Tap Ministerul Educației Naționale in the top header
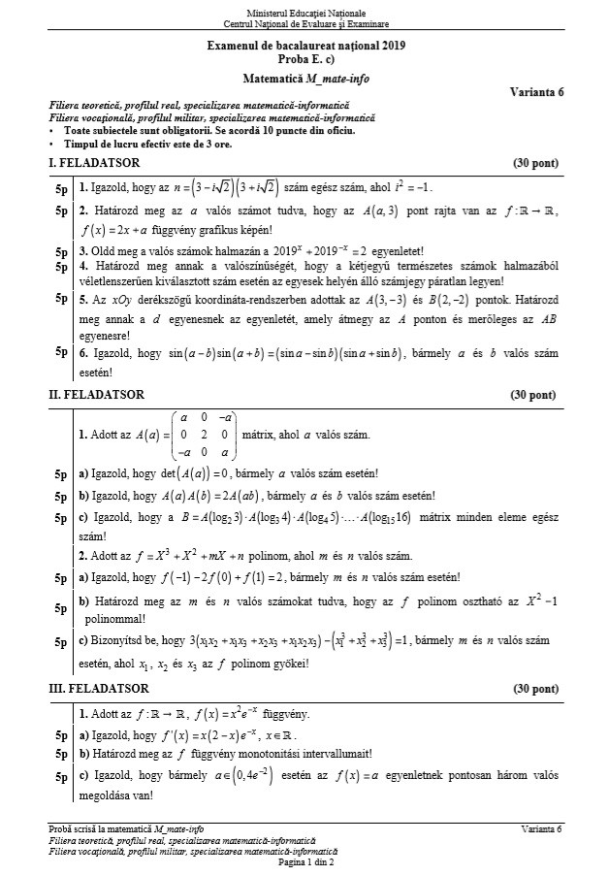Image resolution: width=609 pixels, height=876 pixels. point(305,9)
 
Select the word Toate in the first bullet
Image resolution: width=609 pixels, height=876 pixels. point(80,130)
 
